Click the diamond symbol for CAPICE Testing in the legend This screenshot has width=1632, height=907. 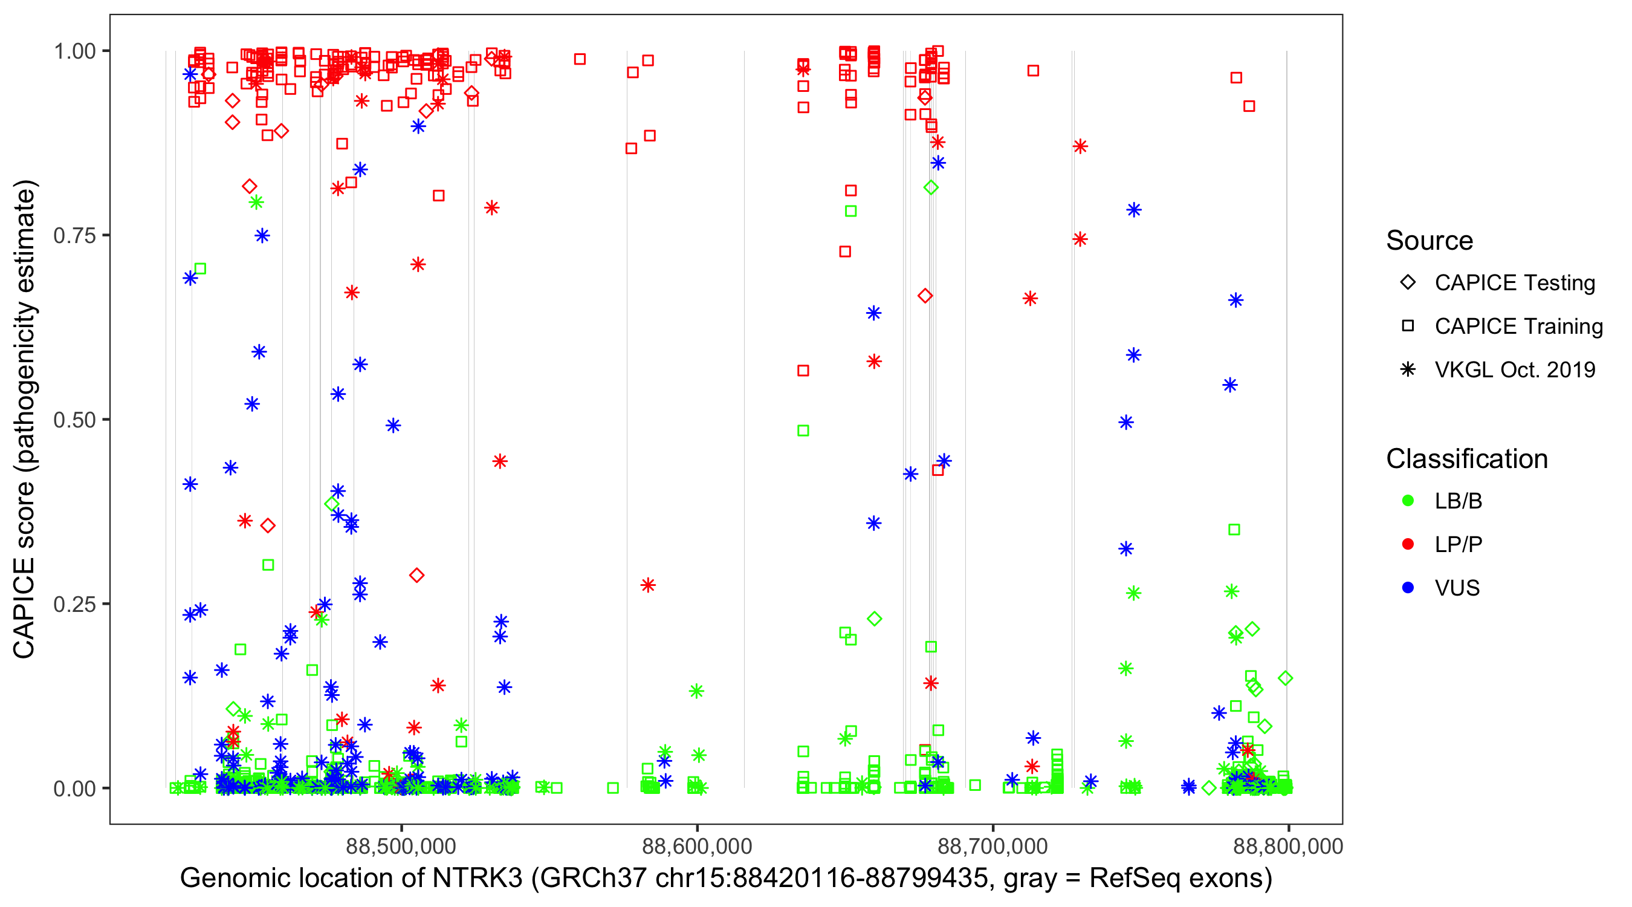[1408, 283]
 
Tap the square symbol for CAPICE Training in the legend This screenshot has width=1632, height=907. [1408, 326]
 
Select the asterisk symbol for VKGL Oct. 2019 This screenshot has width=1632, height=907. [1408, 369]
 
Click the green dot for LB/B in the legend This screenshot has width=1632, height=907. [1408, 501]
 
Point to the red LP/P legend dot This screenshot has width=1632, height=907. [1408, 544]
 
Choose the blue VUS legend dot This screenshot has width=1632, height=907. [1408, 588]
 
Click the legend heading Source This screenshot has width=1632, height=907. [1430, 241]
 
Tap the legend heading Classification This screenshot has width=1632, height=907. [1466, 459]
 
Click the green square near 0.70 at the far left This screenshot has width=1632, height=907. [200, 268]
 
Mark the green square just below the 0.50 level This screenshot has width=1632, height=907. [803, 431]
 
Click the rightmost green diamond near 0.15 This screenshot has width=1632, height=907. [1286, 678]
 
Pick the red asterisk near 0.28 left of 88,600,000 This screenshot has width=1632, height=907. [647, 585]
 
